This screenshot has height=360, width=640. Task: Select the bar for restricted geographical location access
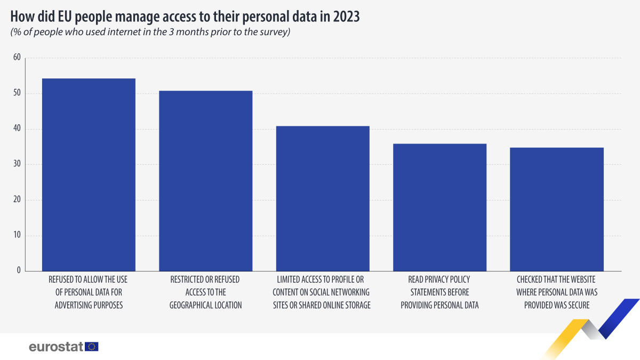point(205,181)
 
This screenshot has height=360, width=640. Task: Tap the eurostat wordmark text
point(56,347)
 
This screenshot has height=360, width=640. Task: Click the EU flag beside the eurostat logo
point(92,347)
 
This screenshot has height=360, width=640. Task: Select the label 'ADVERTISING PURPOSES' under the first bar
point(88,305)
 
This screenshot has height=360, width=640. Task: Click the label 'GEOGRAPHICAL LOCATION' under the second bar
point(205,305)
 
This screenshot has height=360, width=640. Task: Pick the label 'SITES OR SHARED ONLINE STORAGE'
point(322,305)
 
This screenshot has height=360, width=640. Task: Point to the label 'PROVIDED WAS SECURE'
point(556,305)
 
